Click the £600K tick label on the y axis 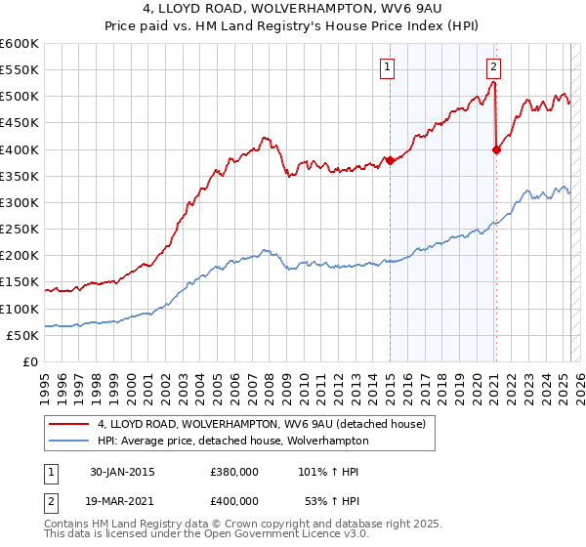20,44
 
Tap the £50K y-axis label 23,335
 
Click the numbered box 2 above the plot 493,67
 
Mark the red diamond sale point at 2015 390,160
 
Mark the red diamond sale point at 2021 496,149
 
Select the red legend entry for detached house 261,425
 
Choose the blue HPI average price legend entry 232,441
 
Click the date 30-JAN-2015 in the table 122,472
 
